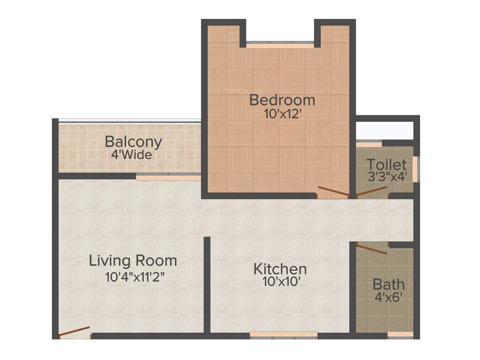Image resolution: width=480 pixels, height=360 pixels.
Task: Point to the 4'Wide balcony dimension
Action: (132, 154)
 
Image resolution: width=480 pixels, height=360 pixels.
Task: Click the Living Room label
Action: (133, 261)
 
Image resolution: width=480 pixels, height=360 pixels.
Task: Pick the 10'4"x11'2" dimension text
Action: (135, 277)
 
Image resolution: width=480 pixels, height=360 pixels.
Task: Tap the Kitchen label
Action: (280, 269)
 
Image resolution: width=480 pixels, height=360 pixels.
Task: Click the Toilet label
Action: (386, 165)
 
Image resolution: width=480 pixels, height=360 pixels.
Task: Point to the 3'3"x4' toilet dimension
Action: (387, 177)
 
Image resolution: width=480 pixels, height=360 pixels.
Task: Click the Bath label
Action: (389, 284)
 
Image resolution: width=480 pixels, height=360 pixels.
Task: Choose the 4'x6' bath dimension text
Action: (388, 297)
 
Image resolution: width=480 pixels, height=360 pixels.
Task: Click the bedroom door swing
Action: (333, 191)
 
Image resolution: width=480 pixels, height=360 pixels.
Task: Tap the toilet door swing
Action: (372, 191)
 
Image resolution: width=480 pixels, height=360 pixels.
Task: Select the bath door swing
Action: (372, 248)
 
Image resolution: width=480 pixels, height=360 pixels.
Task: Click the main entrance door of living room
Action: (74, 332)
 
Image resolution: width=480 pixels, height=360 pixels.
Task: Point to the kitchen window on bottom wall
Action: (283, 335)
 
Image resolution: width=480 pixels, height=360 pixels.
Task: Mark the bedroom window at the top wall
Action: (280, 46)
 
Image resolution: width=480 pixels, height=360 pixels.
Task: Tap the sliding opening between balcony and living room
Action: (168, 178)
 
